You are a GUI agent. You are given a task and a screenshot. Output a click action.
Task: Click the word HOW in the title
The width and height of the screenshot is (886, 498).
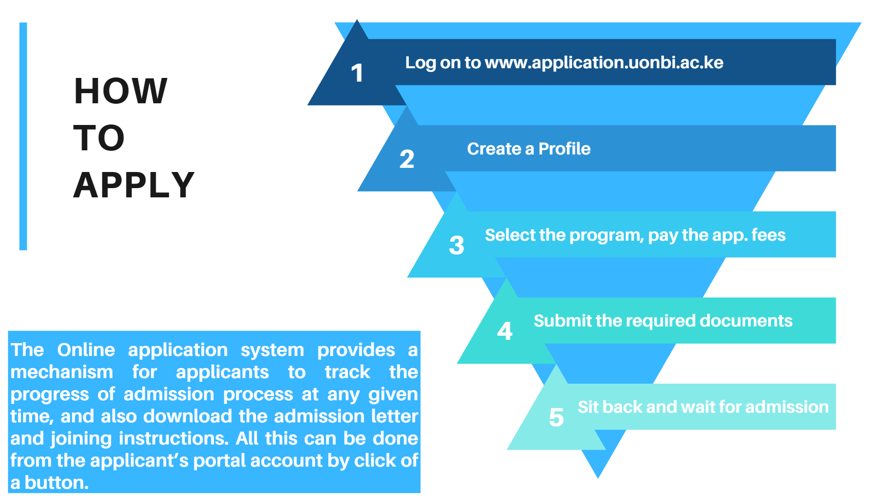(x=120, y=91)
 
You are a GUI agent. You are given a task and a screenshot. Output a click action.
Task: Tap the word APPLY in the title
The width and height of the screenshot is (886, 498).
(x=134, y=185)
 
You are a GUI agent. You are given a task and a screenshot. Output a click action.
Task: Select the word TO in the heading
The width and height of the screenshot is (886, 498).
(x=99, y=138)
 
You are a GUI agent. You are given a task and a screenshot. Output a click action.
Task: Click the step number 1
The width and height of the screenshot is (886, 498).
(x=357, y=73)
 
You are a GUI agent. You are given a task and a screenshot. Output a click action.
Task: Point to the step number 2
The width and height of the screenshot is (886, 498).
(x=407, y=159)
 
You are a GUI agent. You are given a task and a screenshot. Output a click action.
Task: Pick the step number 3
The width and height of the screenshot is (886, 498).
(x=457, y=245)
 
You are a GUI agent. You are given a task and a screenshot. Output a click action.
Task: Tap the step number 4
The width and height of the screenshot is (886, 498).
(x=505, y=331)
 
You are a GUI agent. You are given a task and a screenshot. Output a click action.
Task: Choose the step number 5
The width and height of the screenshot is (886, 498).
(x=557, y=417)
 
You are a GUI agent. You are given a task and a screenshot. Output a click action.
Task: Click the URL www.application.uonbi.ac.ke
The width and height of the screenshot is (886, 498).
(x=604, y=63)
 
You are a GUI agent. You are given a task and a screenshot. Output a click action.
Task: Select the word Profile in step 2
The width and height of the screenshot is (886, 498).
(x=564, y=148)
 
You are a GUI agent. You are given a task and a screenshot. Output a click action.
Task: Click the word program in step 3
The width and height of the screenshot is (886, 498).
(x=606, y=236)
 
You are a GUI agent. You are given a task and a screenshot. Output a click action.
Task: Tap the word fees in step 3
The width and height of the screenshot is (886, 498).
(x=768, y=235)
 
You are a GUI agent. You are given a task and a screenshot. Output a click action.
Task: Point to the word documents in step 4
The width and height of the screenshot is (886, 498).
(x=746, y=320)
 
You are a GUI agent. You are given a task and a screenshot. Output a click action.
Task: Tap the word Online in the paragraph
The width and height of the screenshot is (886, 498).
(x=86, y=350)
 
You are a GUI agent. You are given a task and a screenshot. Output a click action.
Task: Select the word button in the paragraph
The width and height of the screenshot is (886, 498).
(x=56, y=483)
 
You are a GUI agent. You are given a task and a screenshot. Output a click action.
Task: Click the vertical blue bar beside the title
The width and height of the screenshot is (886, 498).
(x=23, y=136)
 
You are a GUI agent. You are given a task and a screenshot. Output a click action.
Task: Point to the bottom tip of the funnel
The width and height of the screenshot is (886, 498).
(x=598, y=478)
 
